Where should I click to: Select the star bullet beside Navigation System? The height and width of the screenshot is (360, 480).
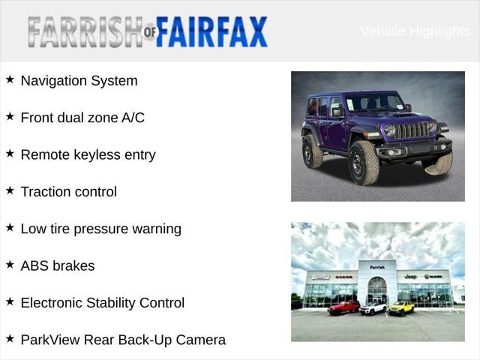tap(10, 79)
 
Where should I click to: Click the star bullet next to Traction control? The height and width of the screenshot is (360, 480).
tap(10, 190)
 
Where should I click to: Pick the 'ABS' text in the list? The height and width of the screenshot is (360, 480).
tap(34, 266)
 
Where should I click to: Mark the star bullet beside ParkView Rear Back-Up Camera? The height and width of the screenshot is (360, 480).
tap(10, 338)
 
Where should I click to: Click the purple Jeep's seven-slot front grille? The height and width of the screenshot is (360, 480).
tap(411, 130)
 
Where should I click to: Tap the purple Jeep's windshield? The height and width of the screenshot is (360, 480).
tap(374, 103)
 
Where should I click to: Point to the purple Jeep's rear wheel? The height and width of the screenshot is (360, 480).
tap(313, 151)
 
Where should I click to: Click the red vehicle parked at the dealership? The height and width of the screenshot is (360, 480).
tap(343, 307)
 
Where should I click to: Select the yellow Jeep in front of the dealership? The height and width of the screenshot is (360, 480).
tap(401, 307)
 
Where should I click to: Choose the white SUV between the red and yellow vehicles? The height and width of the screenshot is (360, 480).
tap(373, 307)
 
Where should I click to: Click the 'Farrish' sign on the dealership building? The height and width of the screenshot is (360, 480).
tap(376, 266)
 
